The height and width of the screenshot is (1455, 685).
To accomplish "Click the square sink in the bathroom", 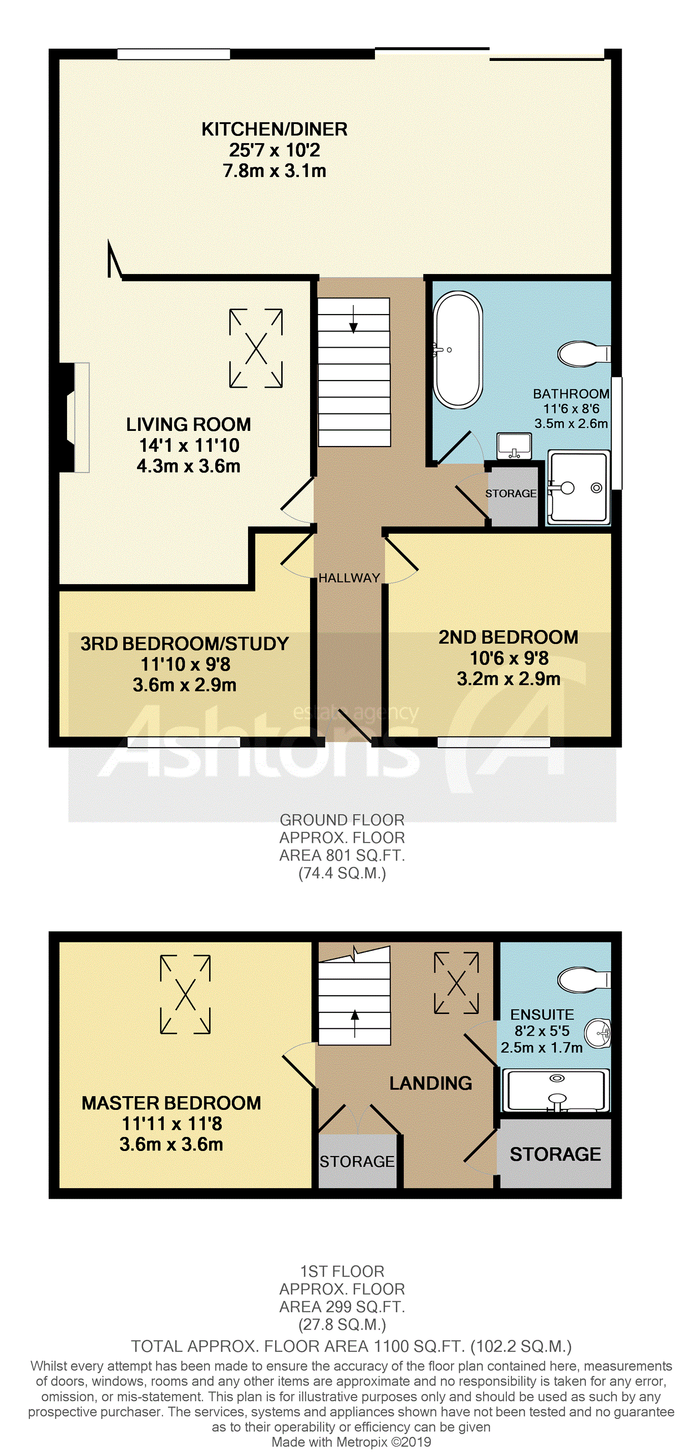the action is point(514,446).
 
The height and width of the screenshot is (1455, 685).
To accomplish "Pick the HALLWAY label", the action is point(349,578).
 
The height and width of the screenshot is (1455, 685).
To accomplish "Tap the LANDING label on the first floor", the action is point(430,1084).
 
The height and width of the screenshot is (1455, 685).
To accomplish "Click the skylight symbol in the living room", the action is point(256,348).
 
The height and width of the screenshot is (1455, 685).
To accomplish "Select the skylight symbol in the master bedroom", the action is point(185,994).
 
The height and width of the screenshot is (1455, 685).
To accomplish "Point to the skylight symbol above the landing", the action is point(456,983).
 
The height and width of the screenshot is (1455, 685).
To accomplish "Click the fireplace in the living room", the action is point(75,417).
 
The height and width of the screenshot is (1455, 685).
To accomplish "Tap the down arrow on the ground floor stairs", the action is point(354,318).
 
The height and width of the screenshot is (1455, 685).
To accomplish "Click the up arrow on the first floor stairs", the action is point(355,1024).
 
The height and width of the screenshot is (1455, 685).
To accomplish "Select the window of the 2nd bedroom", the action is point(494,742).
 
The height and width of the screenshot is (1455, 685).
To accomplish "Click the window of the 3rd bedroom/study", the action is point(184,742).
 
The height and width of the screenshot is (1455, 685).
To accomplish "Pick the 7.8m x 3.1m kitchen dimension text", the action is point(275,171).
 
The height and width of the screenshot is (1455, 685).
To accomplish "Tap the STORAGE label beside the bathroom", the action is point(510,494).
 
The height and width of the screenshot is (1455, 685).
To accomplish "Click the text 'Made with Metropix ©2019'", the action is point(351,1441).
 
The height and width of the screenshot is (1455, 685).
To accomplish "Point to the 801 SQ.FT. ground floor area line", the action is point(342,855).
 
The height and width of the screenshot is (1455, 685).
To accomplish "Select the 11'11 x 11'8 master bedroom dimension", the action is point(172,1124).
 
